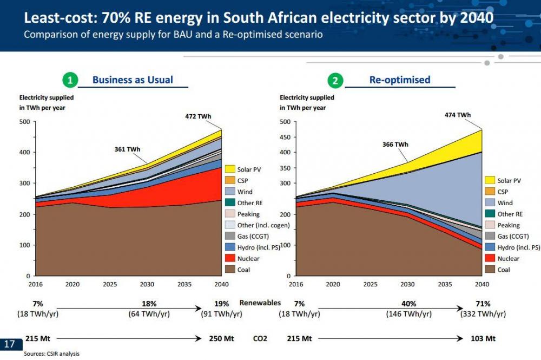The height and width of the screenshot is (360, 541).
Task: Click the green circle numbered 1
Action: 70,80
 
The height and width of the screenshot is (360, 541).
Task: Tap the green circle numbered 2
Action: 335,80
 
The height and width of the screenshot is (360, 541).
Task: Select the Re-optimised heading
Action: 400,80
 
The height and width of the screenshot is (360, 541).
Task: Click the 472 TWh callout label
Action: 198,116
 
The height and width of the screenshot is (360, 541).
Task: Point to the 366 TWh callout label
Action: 395,145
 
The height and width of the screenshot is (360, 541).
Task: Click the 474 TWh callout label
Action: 458,115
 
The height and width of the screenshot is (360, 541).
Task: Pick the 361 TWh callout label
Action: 127,149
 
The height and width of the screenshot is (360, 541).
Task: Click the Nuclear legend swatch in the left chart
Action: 230,258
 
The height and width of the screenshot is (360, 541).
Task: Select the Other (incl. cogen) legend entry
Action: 258,225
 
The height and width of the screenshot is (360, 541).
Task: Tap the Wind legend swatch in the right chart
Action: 490,202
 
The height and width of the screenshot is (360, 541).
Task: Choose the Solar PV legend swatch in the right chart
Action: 490,180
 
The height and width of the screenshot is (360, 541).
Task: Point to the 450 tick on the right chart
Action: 285,137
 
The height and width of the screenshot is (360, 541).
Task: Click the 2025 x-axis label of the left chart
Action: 110,284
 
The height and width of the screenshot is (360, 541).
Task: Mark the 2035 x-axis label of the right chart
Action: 445,284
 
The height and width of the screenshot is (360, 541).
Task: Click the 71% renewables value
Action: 483,304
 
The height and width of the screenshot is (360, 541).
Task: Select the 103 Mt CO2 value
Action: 483,338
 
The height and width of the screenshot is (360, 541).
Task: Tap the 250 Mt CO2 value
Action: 221,338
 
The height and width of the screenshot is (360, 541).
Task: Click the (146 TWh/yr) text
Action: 409,314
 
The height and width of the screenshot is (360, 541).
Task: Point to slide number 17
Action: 9,344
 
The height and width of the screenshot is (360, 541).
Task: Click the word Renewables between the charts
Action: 260,303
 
